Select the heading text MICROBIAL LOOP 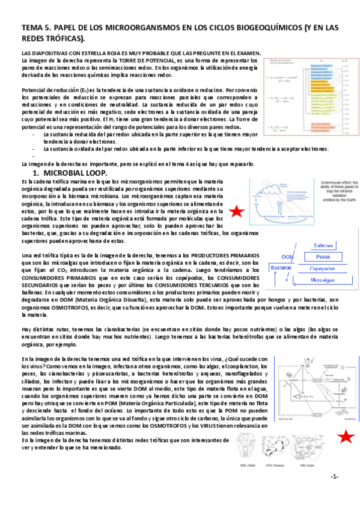click(76, 173)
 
